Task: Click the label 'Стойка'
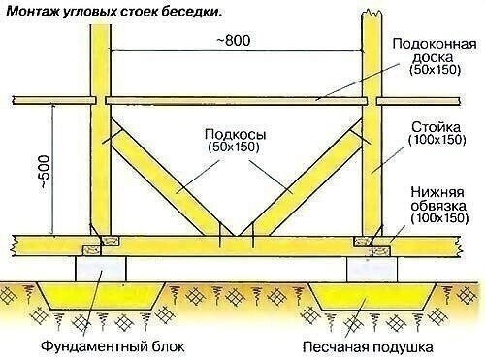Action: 437,126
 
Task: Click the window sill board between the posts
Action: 238,100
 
